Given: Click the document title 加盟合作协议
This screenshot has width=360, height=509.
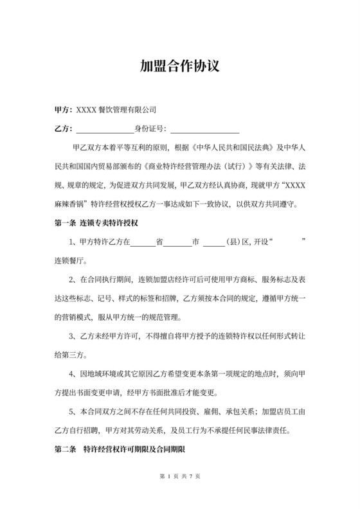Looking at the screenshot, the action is point(180,66).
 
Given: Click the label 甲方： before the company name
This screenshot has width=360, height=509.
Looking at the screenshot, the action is point(64,110).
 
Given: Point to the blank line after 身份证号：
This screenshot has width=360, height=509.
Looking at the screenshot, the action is point(205,129).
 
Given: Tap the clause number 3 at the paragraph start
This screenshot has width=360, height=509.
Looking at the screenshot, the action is point(71,335).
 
